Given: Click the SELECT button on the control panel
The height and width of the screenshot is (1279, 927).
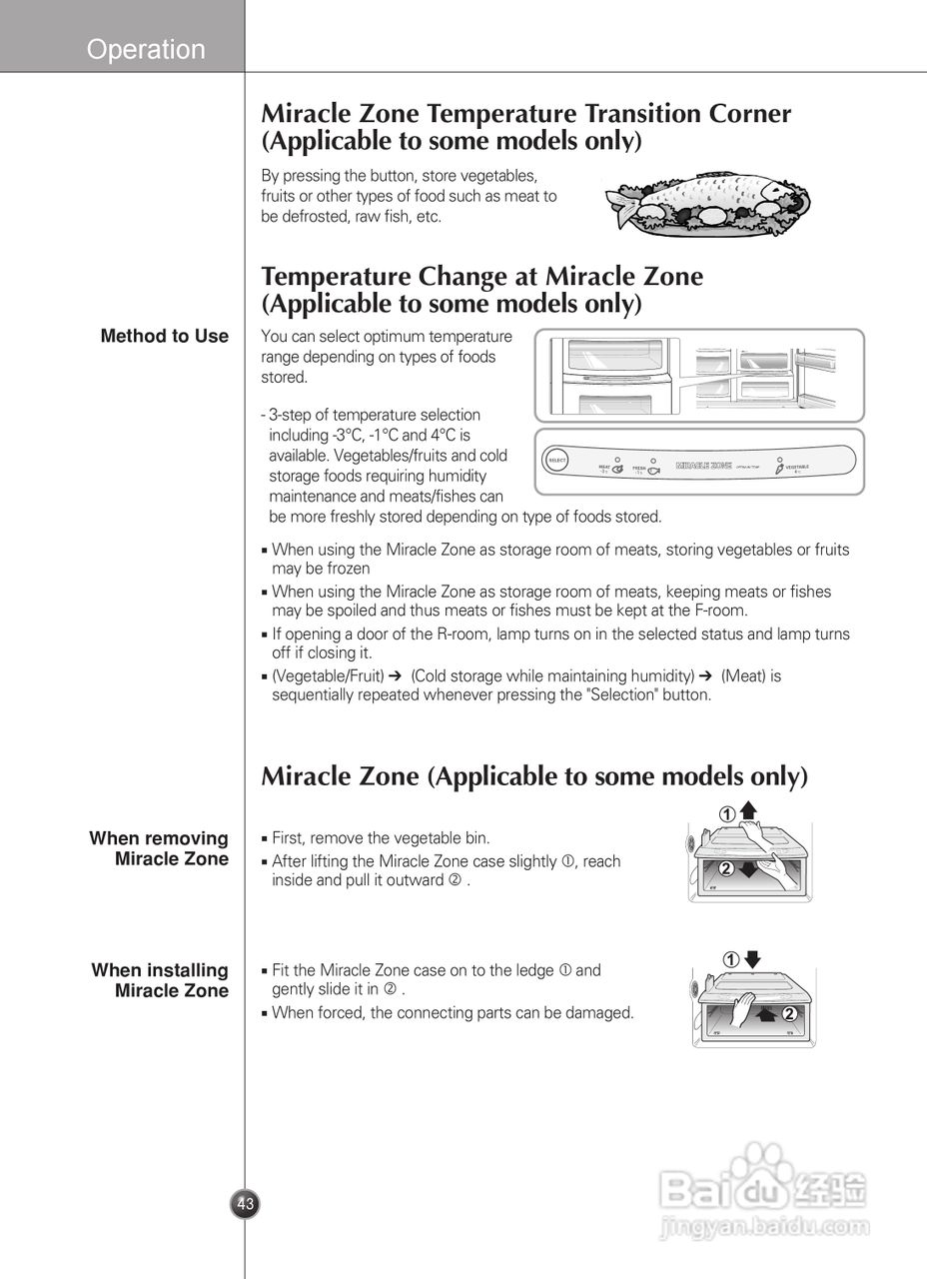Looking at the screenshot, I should pos(556,461).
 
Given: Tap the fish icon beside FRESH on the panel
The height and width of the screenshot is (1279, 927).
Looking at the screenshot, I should pos(654,470).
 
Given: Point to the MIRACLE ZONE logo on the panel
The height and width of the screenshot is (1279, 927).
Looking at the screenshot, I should pos(704,466).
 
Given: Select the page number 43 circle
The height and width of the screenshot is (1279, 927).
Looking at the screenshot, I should pos(246,1203).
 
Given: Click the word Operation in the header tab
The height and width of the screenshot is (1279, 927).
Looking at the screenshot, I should pos(146,49).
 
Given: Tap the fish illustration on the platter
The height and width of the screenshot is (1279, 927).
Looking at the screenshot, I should pos(699,200).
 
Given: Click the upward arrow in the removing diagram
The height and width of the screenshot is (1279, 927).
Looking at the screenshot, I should pos(749,811).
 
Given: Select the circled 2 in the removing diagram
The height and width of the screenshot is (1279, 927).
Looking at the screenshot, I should pos(726,868).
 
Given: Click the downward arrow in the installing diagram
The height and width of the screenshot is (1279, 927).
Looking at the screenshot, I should pos(752,959).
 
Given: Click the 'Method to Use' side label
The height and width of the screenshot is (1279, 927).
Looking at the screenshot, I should pos(165,337).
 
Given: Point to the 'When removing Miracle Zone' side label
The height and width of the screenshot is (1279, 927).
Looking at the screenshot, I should pos(160,848).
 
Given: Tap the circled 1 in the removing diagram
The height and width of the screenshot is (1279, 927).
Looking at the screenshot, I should pos(729,815).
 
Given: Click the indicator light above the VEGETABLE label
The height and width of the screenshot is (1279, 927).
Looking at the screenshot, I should pos(778,459).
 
